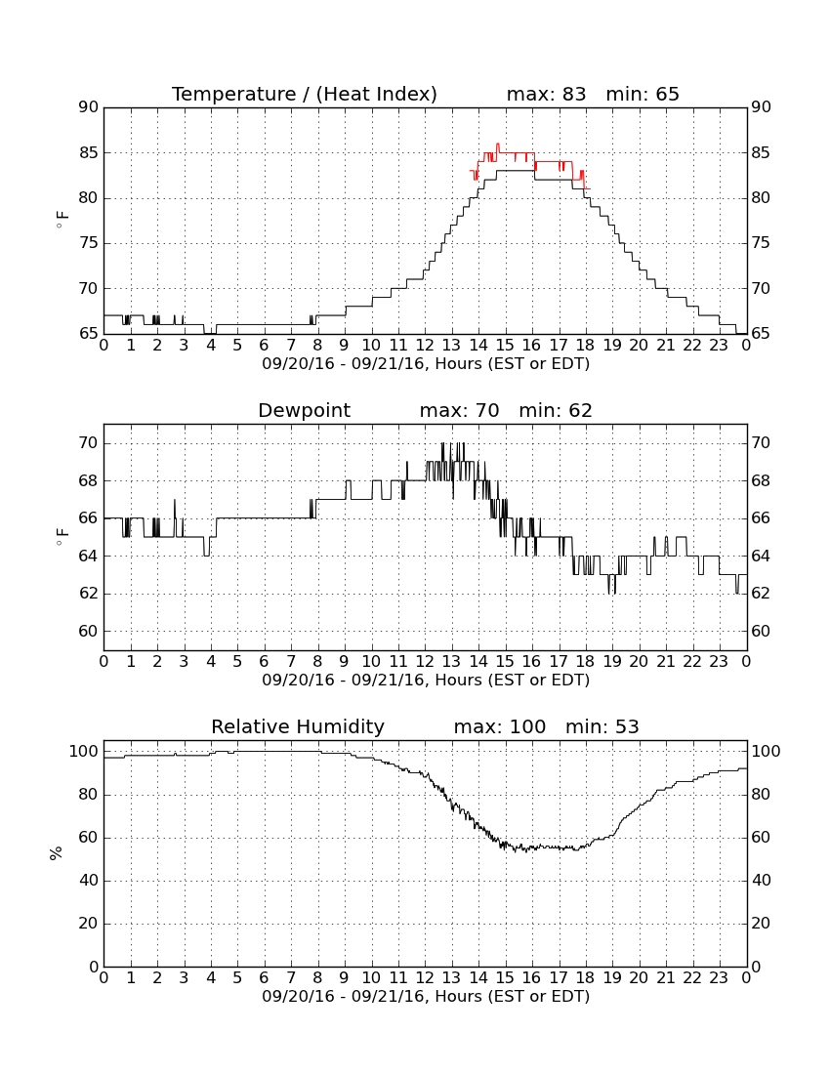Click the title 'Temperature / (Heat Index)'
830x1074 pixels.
(x=304, y=94)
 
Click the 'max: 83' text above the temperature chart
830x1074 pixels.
(x=547, y=94)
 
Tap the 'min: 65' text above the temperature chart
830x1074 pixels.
(x=643, y=94)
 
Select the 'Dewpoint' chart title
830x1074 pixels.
(x=304, y=410)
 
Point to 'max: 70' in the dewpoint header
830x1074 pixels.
(x=460, y=410)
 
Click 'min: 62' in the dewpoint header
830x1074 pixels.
(x=556, y=410)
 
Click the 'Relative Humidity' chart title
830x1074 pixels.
(x=298, y=726)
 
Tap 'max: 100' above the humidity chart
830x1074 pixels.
(x=500, y=726)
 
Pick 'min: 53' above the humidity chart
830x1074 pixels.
(x=602, y=726)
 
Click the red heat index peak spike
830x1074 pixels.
(x=498, y=145)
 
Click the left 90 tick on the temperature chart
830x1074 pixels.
(x=89, y=106)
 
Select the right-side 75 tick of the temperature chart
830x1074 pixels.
(x=761, y=243)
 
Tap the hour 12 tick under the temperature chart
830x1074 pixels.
(x=425, y=345)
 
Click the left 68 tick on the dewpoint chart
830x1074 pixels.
(x=89, y=480)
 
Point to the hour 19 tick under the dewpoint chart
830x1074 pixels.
(x=612, y=661)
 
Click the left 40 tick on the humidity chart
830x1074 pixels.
(x=89, y=880)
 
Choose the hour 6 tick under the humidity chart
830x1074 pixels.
(x=265, y=977)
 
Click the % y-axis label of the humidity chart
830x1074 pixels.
(x=57, y=852)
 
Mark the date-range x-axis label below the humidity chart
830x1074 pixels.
(x=426, y=996)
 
